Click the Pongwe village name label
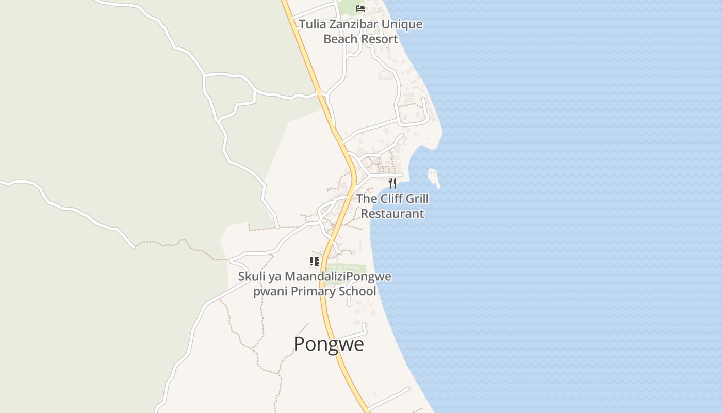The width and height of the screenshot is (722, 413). (x=329, y=344)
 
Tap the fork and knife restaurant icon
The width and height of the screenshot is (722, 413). (x=392, y=183)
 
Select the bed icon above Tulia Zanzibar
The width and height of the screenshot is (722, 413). (x=360, y=9)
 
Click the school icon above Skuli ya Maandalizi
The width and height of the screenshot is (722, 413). (x=315, y=261)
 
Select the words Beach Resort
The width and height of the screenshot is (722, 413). (x=360, y=39)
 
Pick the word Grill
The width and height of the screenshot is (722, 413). (x=417, y=199)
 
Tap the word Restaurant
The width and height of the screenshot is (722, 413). (x=392, y=213)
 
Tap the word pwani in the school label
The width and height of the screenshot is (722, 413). (x=270, y=291)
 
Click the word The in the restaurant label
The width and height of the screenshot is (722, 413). (x=367, y=199)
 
